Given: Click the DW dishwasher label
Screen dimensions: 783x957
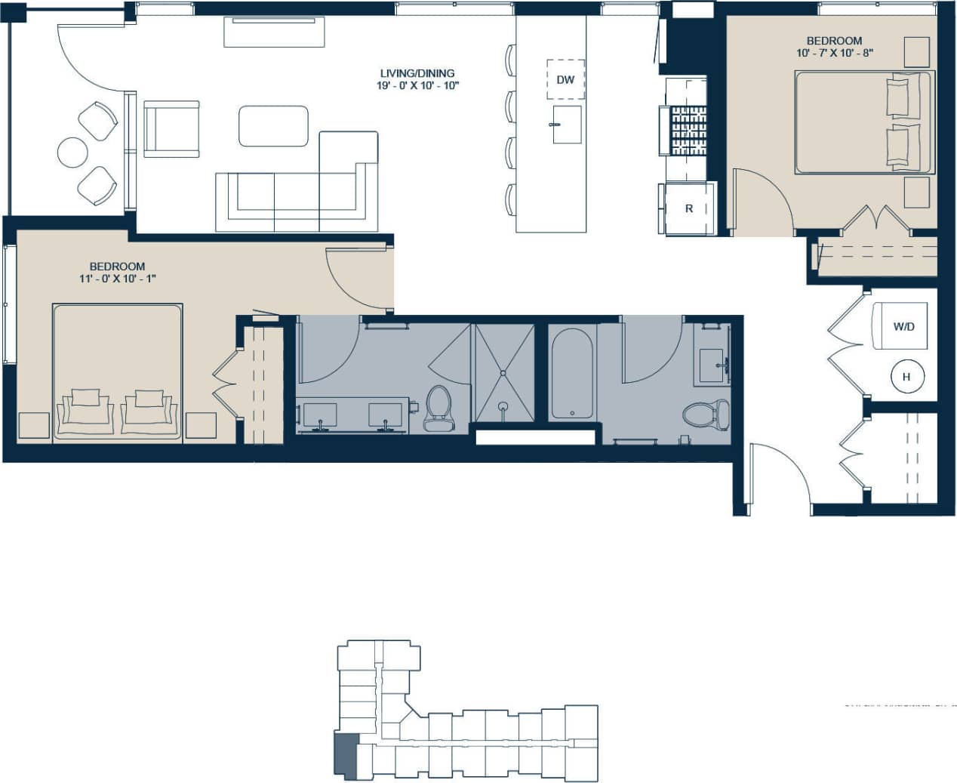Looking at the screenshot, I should [x=565, y=79].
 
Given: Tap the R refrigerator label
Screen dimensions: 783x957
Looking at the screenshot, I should [x=688, y=208].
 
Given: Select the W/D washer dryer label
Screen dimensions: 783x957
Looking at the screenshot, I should [x=903, y=327].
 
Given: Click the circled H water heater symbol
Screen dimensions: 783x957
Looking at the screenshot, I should [x=906, y=377].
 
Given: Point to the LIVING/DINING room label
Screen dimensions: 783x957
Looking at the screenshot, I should [x=417, y=73].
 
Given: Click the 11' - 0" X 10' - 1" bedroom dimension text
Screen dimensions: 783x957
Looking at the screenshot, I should [x=117, y=279].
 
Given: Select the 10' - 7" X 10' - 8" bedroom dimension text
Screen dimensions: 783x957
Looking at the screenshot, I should [x=834, y=53].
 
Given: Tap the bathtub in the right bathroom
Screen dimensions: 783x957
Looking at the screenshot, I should [x=573, y=374].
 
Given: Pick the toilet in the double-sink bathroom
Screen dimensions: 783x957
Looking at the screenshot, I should [x=438, y=408].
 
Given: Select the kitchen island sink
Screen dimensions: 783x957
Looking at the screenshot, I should [x=566, y=125].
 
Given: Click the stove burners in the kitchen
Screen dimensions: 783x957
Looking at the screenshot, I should [x=688, y=131].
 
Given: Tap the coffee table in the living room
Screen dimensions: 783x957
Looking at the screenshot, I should [x=273, y=126].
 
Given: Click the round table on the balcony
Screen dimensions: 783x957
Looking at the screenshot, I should [x=72, y=152].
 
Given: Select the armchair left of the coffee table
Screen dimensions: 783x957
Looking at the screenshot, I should [x=171, y=129].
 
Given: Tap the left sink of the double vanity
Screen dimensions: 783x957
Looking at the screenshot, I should [x=320, y=415].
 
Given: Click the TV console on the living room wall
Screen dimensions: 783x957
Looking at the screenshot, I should [x=274, y=31].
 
